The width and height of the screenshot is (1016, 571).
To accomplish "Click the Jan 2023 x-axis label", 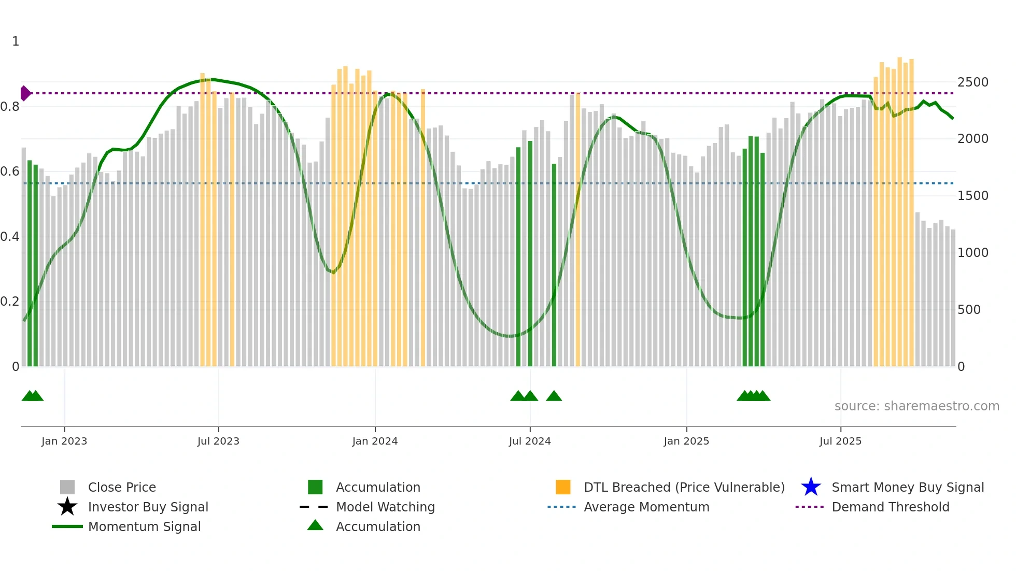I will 64,441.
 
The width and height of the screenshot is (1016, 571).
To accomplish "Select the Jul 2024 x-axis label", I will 530,441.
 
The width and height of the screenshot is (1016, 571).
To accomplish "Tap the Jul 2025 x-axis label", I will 840,441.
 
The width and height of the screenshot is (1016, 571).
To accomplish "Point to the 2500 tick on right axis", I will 973,82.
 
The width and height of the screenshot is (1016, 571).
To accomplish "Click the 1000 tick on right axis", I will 973,253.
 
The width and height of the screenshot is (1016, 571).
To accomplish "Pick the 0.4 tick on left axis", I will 10,237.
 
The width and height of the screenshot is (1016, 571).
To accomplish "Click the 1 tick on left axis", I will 16,41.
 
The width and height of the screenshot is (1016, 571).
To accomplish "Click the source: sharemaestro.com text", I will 916,406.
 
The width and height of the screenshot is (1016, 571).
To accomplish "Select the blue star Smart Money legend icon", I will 811,487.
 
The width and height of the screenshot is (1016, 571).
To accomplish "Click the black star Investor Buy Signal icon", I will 67,507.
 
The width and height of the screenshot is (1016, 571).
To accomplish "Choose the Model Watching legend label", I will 385,507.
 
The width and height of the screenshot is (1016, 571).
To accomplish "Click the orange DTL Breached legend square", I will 563,487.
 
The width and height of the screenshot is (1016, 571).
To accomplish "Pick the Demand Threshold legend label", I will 890,507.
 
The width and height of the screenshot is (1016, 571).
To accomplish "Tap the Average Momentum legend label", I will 646,507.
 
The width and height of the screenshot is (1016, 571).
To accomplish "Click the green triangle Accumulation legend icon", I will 315,526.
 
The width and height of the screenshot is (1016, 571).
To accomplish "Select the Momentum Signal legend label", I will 144,527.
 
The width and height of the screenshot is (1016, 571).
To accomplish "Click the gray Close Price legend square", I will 67,487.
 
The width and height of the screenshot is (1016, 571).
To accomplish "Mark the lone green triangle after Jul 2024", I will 554,396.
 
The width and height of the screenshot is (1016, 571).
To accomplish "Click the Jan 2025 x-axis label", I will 686,441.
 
